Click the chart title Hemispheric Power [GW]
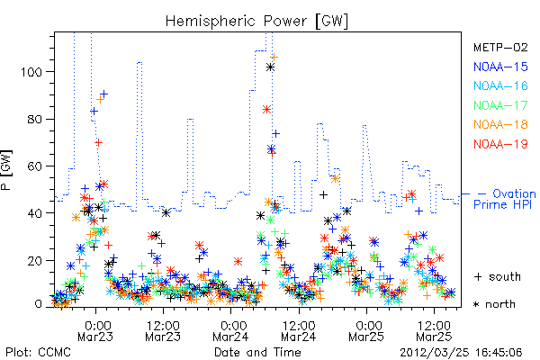pos(256,21)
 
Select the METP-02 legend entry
pos(500,47)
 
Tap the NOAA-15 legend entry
pos(500,67)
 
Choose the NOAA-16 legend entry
pos(500,85)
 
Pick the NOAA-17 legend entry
pos(500,105)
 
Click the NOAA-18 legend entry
pos(500,124)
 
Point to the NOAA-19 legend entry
pos(500,144)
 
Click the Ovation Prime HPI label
pos(505,199)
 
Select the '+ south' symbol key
pos(498,276)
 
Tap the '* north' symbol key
pos(494,304)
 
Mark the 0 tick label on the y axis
pos(39,304)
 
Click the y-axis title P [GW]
pos(6,170)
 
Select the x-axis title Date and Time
pos(257,352)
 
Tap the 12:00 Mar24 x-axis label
pos(299,331)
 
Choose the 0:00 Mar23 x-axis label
pos(95,331)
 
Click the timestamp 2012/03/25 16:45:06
pos(461,353)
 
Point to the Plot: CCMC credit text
pos(38,352)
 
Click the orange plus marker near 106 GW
pos(274,58)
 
